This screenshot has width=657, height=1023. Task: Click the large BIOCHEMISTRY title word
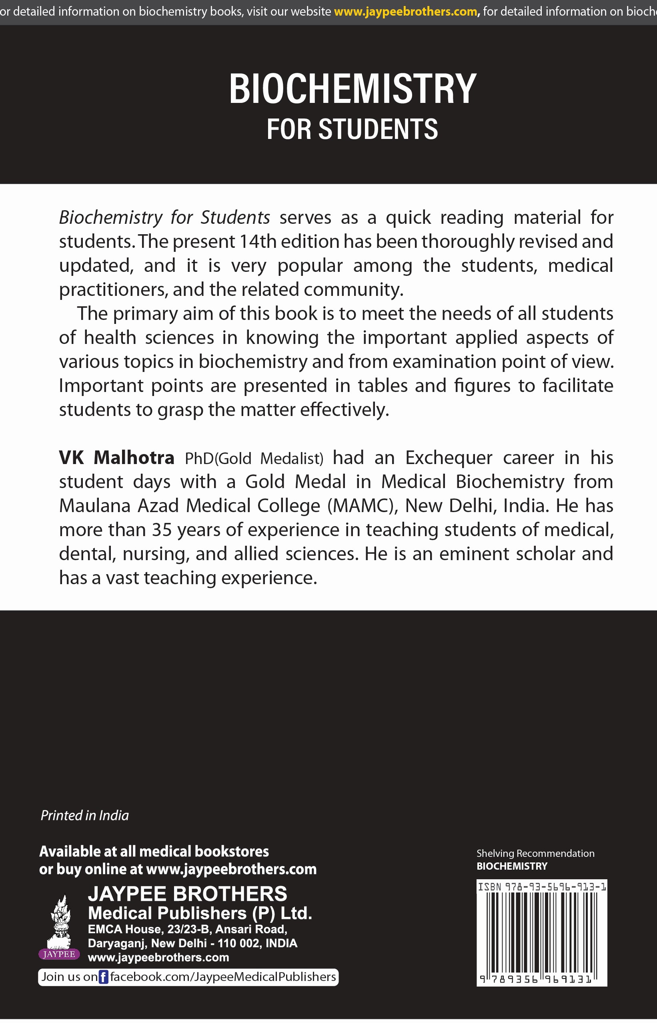[x=353, y=88]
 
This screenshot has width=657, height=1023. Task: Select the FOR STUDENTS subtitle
[x=353, y=129]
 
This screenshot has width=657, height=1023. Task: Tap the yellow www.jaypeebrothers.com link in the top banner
[x=405, y=12]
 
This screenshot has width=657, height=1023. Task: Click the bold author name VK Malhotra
[x=116, y=458]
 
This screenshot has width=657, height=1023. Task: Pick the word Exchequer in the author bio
[x=449, y=458]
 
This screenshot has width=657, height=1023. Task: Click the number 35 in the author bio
[x=162, y=530]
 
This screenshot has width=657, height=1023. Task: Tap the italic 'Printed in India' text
[x=84, y=816]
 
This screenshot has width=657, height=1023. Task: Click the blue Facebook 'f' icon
[x=103, y=977]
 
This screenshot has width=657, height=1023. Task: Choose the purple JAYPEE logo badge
[x=59, y=954]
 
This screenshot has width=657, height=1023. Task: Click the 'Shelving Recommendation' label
[x=535, y=853]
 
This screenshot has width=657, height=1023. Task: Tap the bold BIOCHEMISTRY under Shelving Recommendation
[x=511, y=866]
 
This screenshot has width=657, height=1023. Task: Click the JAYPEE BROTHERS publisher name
[x=187, y=894]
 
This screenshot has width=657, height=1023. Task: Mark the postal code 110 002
[x=239, y=943]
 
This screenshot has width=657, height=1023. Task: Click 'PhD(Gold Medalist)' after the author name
[x=254, y=458]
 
